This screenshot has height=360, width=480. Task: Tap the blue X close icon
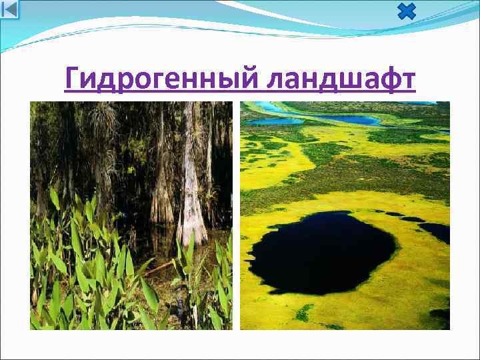point(406,11)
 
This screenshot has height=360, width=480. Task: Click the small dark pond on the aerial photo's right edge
point(437,231)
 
